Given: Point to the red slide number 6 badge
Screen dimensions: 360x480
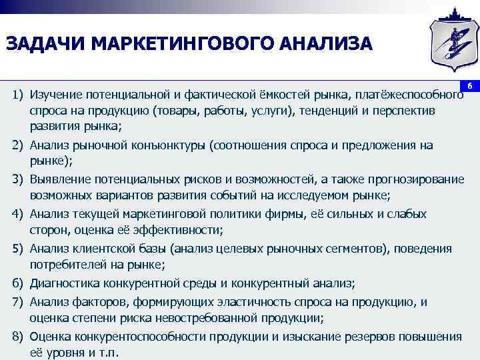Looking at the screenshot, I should (x=469, y=87).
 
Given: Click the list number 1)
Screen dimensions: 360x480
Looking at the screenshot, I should (x=17, y=94).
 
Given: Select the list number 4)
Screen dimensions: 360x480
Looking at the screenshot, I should (x=17, y=214).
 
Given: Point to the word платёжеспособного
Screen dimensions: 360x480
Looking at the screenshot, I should (x=409, y=94).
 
